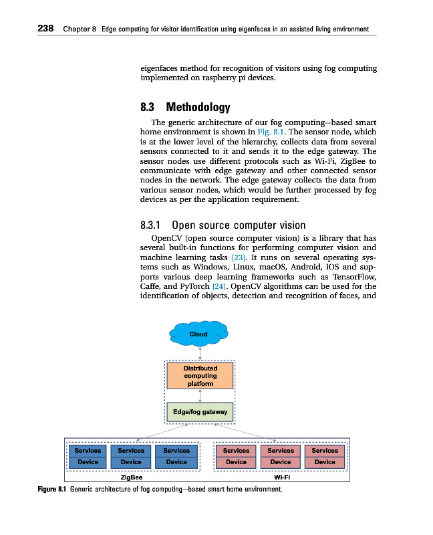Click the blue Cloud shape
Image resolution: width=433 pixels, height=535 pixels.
point(199,334)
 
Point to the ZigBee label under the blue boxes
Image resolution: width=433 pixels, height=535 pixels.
point(131,478)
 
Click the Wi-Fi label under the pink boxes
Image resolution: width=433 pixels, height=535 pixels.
point(281,478)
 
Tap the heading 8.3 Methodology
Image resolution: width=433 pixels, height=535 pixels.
point(185,107)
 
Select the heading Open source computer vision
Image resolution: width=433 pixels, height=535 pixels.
point(239,225)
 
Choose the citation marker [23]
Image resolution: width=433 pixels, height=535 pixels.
point(239,257)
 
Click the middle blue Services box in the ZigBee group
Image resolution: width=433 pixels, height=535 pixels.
point(131,451)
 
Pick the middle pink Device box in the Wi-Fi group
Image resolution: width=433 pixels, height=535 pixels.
point(281,462)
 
